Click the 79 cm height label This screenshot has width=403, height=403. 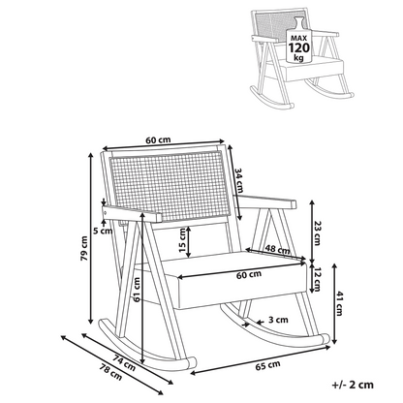coord(84,248)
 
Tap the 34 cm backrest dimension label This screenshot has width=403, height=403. coord(238,180)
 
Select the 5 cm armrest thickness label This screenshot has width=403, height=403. coord(103,231)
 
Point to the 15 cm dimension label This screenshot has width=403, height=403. coord(182,240)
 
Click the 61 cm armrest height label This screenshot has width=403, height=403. coord(137,290)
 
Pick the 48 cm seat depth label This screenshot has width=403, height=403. coord(278,249)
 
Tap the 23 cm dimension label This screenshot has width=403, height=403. coord(317,233)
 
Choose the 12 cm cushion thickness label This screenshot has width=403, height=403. coord(318,279)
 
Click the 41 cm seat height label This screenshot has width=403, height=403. coord(339,303)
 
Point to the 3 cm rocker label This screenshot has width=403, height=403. coord(278,320)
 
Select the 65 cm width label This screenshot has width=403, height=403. coord(268,365)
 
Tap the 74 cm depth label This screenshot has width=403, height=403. coord(124,362)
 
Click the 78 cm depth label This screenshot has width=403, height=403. coord(110,372)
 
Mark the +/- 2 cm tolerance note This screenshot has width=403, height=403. coord(353,385)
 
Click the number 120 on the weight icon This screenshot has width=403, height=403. coord(298,47)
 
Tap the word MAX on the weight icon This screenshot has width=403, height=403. coord(298,38)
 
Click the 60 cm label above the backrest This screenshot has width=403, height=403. coord(158,140)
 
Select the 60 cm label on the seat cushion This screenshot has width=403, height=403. coord(249,275)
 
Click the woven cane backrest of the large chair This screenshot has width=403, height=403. coord(170,186)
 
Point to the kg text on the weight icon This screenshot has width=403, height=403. coord(298,58)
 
